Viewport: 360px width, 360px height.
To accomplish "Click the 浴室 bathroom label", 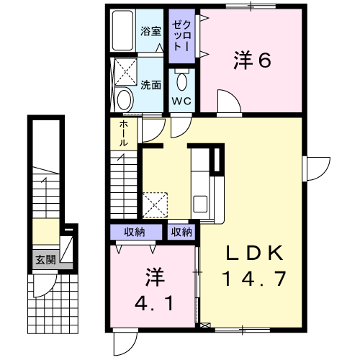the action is pos(150,32).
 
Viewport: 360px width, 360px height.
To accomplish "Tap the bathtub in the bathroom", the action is pos(122,30).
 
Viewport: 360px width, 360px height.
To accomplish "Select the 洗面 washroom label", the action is pos(150,85).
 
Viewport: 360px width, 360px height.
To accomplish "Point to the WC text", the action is pos(181,101).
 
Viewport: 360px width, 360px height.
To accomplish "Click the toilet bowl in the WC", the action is pos(181,81).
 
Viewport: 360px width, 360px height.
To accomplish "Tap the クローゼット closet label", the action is pos(182,35).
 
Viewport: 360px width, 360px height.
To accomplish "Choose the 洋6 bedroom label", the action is pos(253,60).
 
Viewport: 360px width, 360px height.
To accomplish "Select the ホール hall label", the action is pos(124,133).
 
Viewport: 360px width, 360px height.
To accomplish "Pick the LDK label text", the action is pos(255,253).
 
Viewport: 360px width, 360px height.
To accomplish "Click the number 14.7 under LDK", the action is pos(254,279).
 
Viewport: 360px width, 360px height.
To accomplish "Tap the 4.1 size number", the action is pos(154,303).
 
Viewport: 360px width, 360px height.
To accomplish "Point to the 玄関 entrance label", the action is pos(45,260).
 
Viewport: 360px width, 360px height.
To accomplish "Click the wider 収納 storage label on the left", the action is pos(135,232).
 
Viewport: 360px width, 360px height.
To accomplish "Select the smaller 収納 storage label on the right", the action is pos(181,232).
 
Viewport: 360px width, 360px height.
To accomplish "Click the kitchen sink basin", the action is pos(200,204).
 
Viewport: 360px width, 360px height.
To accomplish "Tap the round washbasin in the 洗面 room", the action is pos(125,100).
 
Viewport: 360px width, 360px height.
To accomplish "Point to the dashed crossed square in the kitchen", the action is pos(155,205).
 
